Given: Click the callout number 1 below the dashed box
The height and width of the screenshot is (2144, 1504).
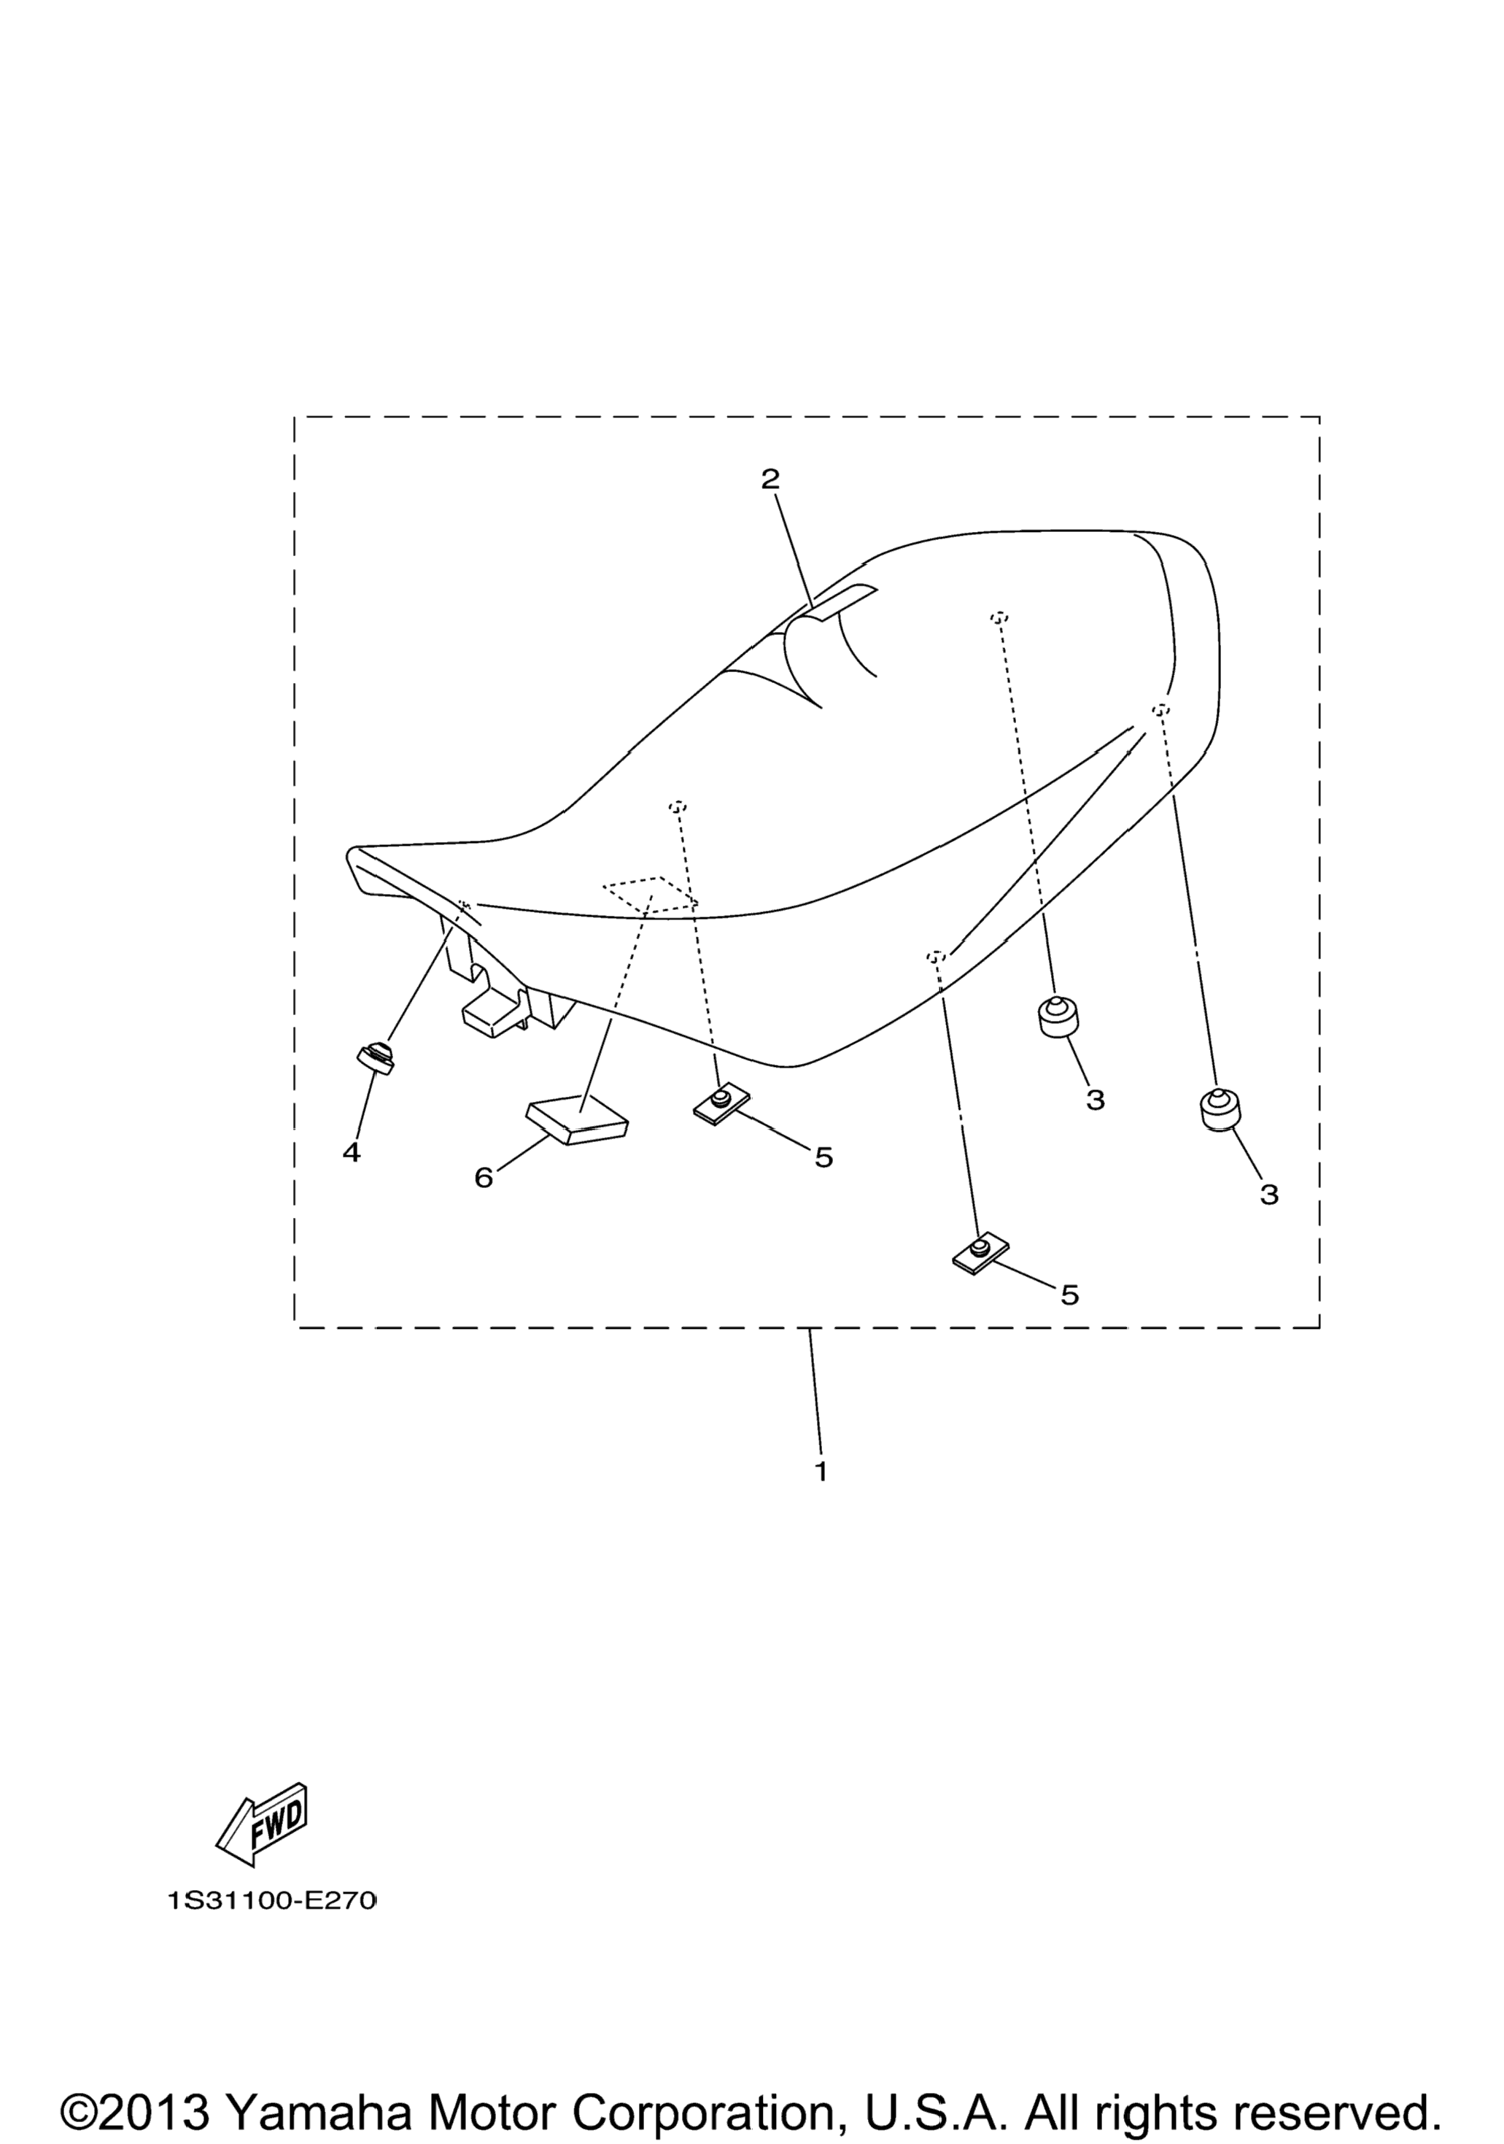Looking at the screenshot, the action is (x=821, y=1472).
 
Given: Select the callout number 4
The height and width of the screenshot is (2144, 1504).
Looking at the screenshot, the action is (x=351, y=1153).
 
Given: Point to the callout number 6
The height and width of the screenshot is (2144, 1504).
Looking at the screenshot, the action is (x=483, y=1179).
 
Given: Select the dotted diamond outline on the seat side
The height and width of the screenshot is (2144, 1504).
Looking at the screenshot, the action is (x=651, y=895).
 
